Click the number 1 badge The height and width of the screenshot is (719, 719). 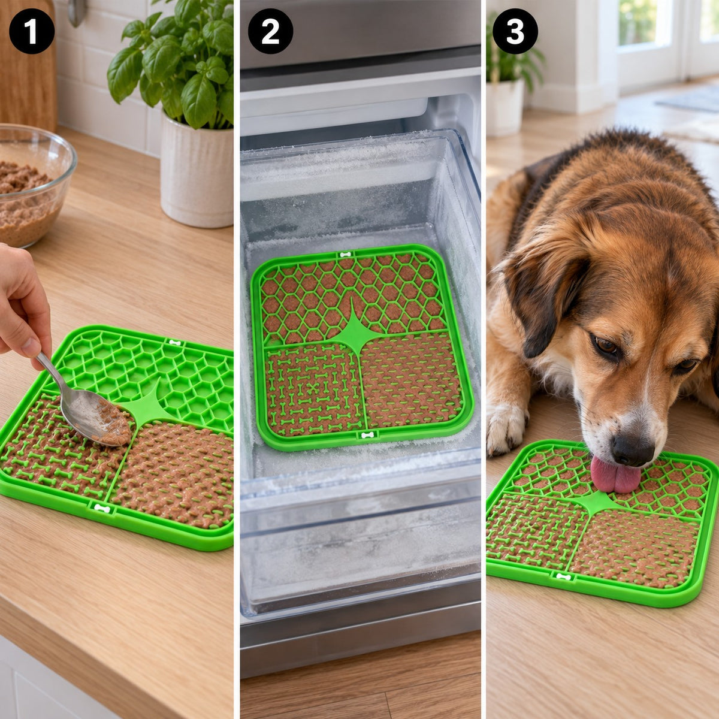pyautogui.click(x=32, y=31)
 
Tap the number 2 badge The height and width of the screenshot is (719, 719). pyautogui.click(x=270, y=31)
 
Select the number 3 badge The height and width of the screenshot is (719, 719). pyautogui.click(x=515, y=31)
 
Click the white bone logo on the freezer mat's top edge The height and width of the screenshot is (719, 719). pyautogui.click(x=346, y=255)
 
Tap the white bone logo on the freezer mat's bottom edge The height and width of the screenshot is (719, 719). pyautogui.click(x=367, y=435)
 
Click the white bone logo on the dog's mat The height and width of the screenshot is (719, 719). pyautogui.click(x=563, y=577)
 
